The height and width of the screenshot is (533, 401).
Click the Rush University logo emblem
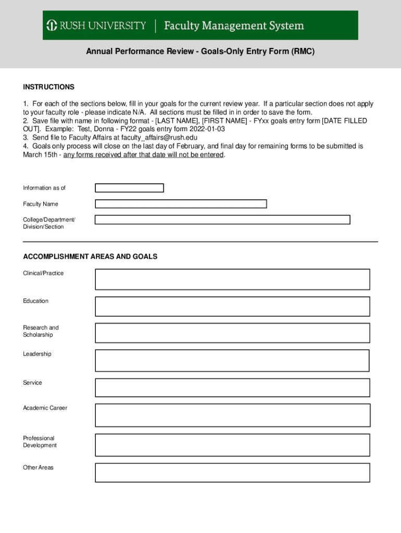tap(52, 26)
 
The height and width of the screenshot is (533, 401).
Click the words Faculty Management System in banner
tap(234, 26)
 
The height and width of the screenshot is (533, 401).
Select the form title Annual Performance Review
tap(200, 52)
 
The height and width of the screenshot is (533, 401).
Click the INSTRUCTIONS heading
tap(48, 87)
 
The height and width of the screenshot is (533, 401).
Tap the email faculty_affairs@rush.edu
tap(159, 137)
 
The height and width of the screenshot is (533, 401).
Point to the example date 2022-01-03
tap(207, 129)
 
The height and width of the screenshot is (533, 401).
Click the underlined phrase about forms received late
tap(144, 155)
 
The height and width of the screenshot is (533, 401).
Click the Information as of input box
tap(129, 188)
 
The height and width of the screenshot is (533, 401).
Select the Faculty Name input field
tap(181, 204)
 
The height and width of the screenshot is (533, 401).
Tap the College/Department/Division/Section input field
tap(222, 220)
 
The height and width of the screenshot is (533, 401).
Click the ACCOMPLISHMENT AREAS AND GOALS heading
tap(90, 257)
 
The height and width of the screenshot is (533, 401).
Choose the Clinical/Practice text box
tap(232, 280)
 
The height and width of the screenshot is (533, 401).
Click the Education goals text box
tap(232, 307)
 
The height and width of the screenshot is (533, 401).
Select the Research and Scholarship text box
tap(232, 333)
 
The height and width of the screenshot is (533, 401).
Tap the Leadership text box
tap(232, 361)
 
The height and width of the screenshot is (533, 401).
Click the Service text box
tap(232, 388)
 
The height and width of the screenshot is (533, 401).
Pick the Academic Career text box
tap(232, 415)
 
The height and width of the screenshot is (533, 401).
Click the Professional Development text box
tap(232, 445)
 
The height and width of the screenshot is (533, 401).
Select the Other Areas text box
tap(232, 473)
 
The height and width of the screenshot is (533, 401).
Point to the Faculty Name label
tap(41, 204)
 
